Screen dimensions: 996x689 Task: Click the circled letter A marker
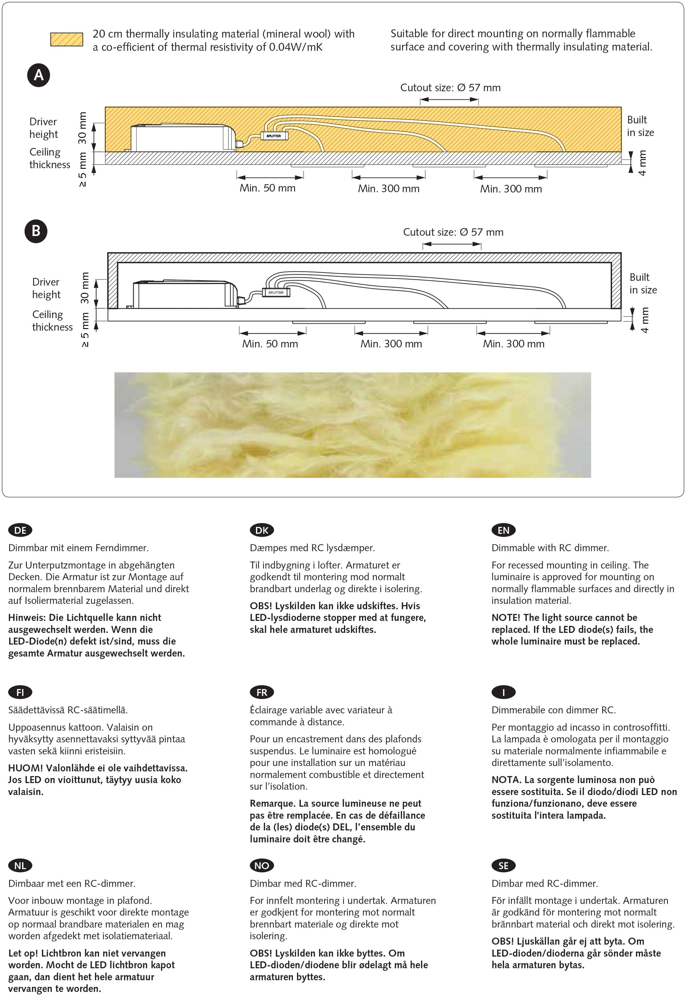point(39,75)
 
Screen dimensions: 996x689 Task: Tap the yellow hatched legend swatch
point(67,39)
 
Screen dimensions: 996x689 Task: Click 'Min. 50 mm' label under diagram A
point(268,188)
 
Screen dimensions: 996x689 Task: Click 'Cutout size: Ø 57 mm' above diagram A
point(450,88)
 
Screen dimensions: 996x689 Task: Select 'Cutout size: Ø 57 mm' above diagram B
point(453,232)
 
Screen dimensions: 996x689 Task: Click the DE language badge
point(20,530)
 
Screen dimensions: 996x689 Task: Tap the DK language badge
point(262,530)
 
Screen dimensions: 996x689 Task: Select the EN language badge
point(503,530)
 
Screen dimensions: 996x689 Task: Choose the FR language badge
point(262,693)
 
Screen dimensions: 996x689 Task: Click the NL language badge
point(20,866)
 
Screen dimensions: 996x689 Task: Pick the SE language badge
point(503,866)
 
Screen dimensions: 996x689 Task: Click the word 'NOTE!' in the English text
point(506,618)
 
